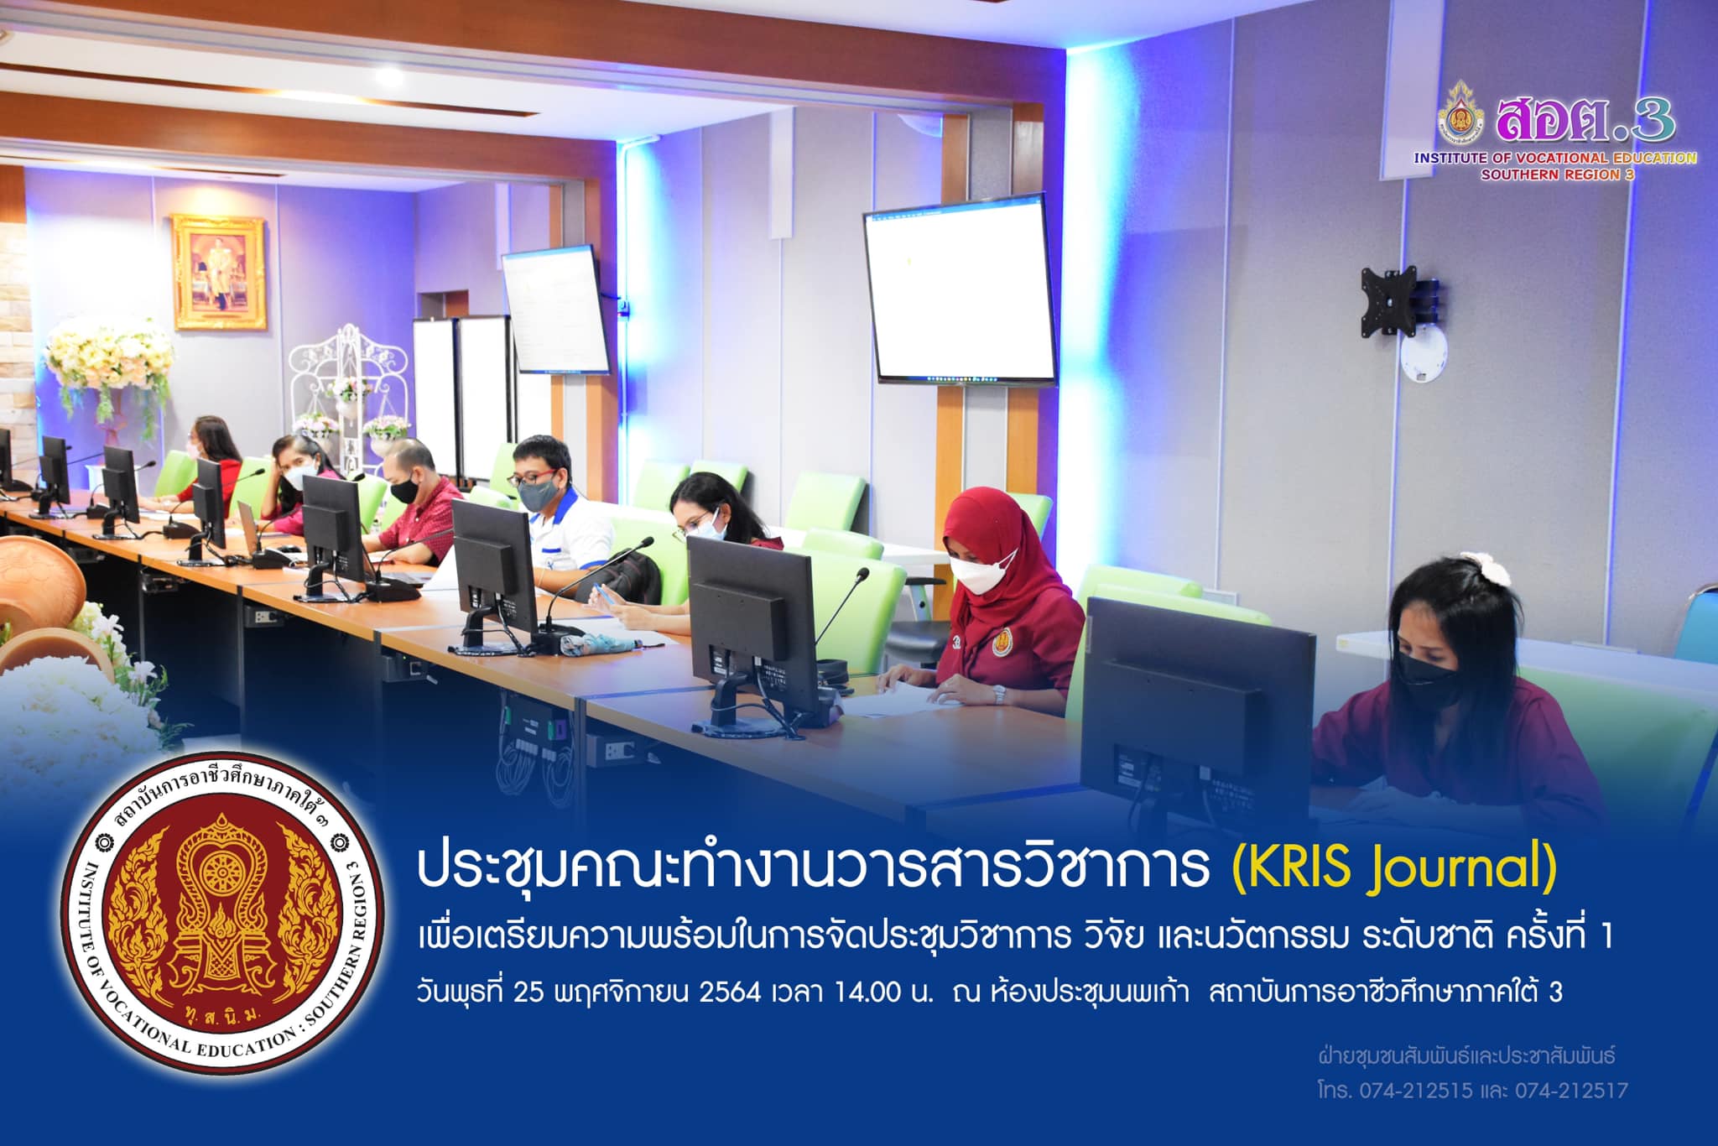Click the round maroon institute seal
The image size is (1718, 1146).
point(223,913)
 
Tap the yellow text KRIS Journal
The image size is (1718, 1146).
point(1393,869)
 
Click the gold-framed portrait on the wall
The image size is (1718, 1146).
point(219,272)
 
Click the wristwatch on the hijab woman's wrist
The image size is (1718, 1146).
point(998,695)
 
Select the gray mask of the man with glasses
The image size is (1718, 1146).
point(538,492)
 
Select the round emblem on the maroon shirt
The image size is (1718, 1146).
point(1004,643)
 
